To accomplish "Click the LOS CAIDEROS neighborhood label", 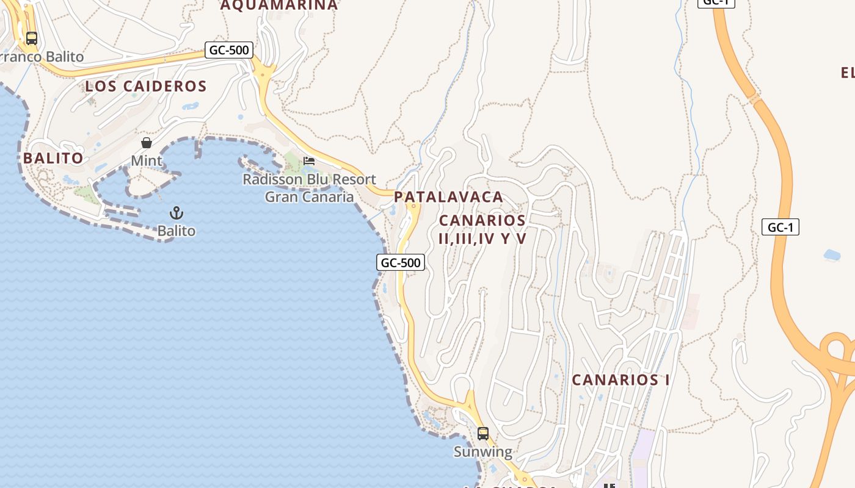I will (x=146, y=86).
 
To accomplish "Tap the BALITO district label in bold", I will (x=53, y=158).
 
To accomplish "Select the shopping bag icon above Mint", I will (x=147, y=143).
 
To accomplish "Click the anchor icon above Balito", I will (x=176, y=213).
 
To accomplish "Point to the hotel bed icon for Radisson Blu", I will (x=309, y=161).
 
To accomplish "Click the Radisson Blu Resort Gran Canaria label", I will (x=309, y=188).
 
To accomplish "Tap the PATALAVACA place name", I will (x=448, y=197).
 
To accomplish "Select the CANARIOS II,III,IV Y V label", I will (x=482, y=229).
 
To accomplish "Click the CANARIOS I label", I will (x=620, y=379).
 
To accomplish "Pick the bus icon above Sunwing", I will (x=483, y=434).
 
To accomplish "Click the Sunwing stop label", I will (x=483, y=452).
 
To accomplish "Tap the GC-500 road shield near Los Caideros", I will (x=229, y=50).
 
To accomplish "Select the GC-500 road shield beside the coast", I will (x=401, y=262).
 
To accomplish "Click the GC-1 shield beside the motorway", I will (x=780, y=228).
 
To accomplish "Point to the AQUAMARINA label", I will (x=278, y=5).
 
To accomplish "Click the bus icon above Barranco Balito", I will (x=31, y=38).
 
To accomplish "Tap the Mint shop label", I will (x=147, y=160).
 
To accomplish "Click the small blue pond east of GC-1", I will (x=832, y=254).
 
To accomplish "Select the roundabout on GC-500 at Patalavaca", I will (x=413, y=206).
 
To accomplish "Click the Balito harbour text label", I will (x=176, y=231).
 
